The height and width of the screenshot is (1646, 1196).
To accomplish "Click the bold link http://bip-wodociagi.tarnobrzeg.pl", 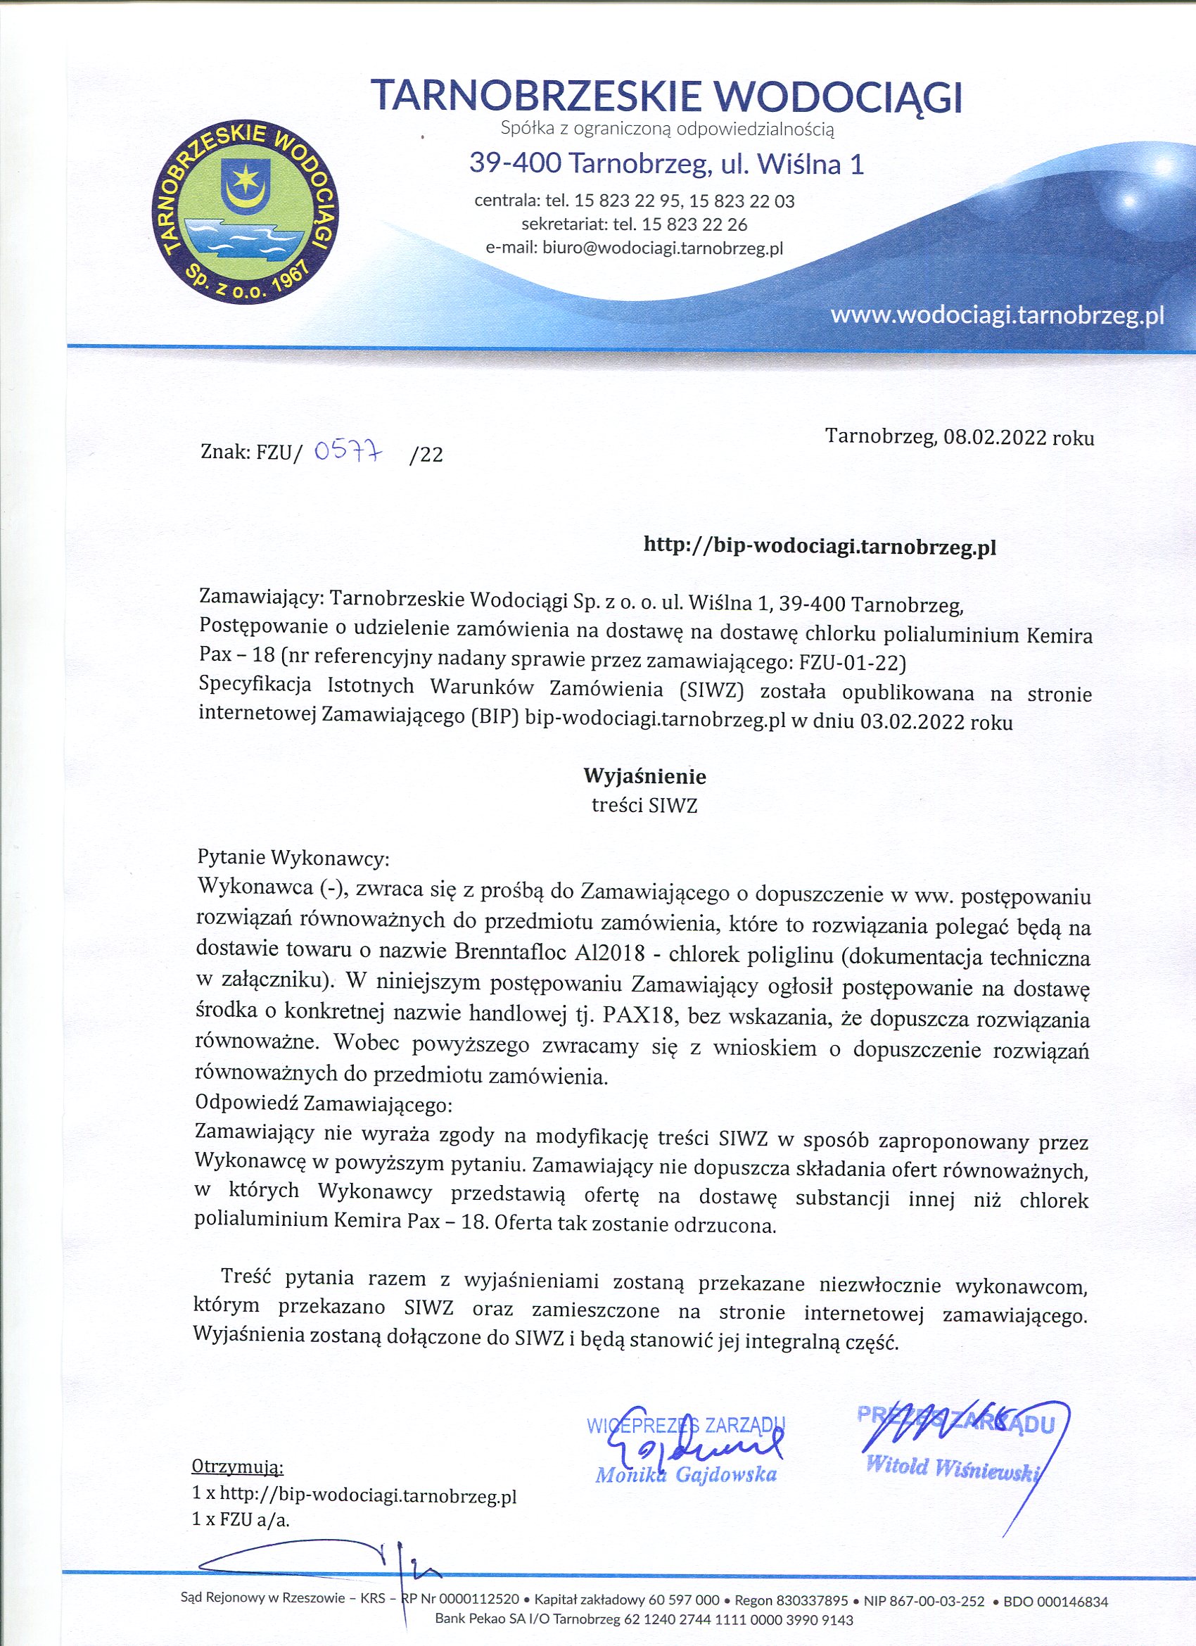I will pos(820,547).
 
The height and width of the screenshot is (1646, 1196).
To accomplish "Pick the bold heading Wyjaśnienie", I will pos(644,776).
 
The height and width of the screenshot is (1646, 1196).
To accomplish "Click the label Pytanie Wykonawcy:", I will pos(294,859).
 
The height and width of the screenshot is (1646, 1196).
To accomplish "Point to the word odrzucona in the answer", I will pos(725,1225).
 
